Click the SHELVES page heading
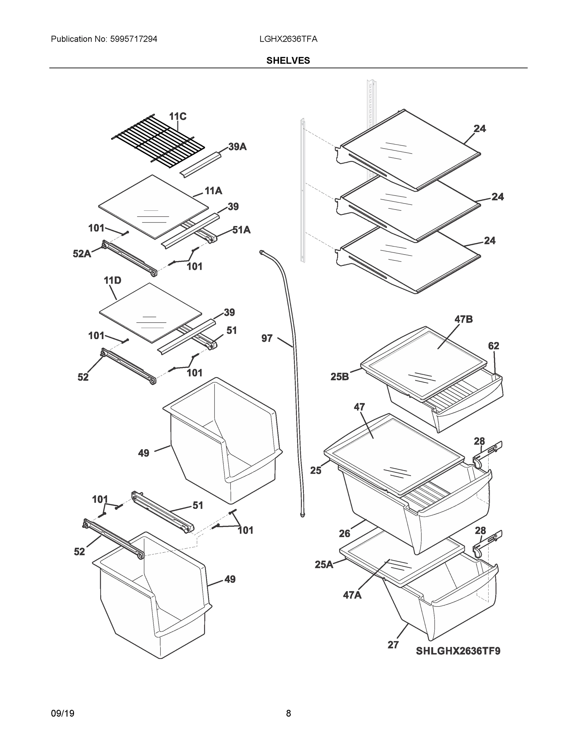tap(288, 61)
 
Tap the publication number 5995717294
tap(133, 39)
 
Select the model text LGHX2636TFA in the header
tap(288, 39)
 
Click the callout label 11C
tap(178, 117)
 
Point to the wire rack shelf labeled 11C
tap(158, 141)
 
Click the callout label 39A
tap(238, 147)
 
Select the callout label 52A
tap(82, 253)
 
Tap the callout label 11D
tap(113, 280)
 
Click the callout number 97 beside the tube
tap(267, 338)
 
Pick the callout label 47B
tap(463, 319)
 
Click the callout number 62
tap(494, 346)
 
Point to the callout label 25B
tap(340, 377)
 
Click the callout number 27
tap(393, 645)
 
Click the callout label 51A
tap(241, 230)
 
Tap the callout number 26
tap(345, 533)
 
